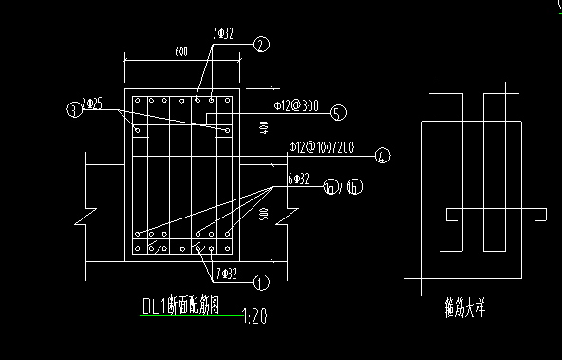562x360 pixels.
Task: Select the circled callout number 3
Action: [x=73, y=110]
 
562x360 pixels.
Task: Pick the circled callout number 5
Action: [x=337, y=113]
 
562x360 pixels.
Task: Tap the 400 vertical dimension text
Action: [x=263, y=126]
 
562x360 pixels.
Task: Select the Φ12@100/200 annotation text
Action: [x=322, y=147]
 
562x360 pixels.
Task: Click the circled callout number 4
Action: [x=383, y=156]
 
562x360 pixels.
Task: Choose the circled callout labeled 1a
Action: [x=331, y=186]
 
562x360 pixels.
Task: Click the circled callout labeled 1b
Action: [x=353, y=186]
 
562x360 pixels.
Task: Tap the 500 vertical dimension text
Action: [x=263, y=215]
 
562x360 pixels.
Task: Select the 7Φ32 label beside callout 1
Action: [x=227, y=275]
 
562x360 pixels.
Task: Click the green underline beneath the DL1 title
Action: [x=190, y=316]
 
